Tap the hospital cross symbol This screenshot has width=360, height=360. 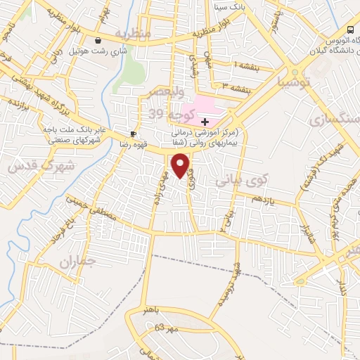(205, 122)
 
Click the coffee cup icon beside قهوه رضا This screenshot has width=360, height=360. (133, 133)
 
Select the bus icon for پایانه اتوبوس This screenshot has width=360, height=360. (351, 30)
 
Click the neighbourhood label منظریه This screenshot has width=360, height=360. (134, 34)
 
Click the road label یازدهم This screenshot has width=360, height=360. (261, 202)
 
